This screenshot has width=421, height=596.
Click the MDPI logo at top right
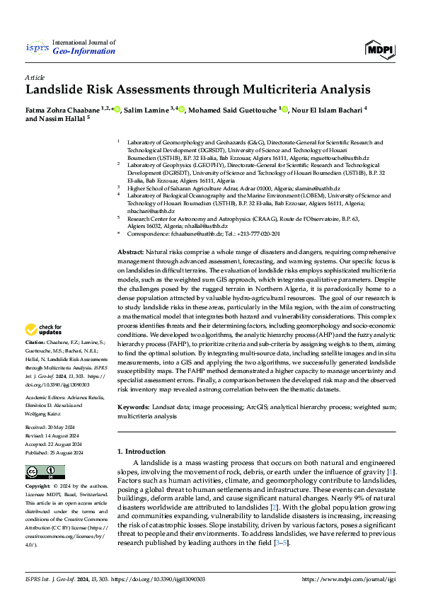[x=380, y=48]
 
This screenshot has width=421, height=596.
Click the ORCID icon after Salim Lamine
[x=182, y=110]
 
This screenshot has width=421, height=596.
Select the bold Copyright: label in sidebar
[x=38, y=487]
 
